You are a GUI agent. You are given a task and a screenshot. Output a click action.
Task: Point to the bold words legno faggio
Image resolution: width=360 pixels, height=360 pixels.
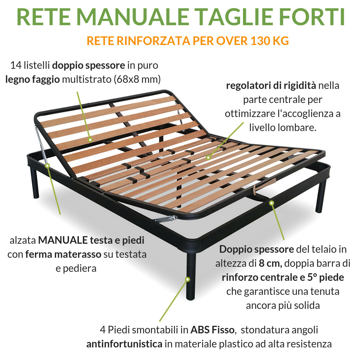(32, 79)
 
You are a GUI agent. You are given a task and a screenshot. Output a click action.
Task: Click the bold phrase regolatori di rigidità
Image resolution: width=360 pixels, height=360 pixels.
(271, 86)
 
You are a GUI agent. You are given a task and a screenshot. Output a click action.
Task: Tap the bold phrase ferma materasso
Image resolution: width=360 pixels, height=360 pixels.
(63, 255)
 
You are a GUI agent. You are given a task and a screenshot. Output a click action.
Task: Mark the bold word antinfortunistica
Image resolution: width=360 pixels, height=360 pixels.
(124, 344)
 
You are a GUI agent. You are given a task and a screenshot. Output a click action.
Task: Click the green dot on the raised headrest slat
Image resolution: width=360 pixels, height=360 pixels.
(90, 139)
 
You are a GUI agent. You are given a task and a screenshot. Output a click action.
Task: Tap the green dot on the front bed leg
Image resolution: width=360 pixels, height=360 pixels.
(187, 279)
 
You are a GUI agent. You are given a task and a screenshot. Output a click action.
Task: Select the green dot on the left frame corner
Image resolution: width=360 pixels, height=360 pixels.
(48, 165)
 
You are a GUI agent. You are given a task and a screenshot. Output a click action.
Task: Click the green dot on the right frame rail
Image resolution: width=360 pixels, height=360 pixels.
(271, 203)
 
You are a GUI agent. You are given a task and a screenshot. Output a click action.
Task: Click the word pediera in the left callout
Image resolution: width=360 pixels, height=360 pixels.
(76, 269)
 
